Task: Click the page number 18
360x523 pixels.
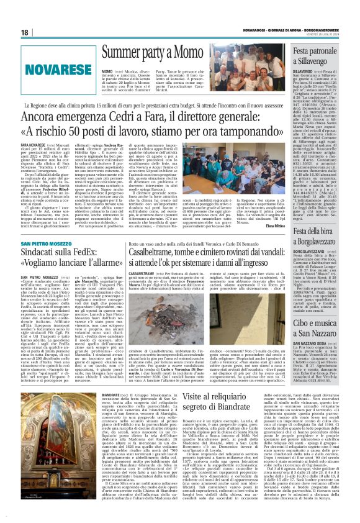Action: tap(25, 32)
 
